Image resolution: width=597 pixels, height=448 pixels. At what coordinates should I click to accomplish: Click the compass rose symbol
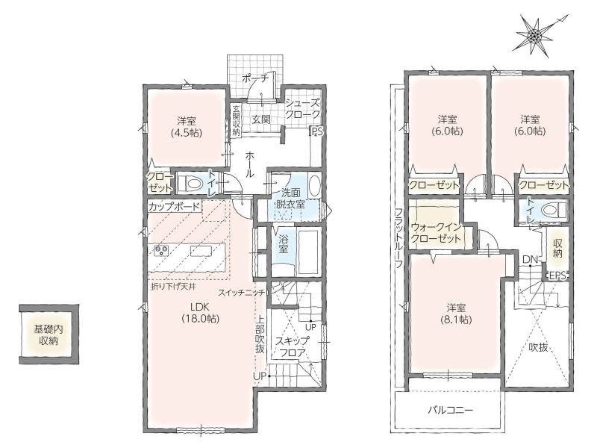coord(535,35)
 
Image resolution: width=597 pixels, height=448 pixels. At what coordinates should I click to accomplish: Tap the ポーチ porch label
coord(254,78)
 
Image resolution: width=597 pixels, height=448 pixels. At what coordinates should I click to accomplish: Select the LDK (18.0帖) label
coord(201,312)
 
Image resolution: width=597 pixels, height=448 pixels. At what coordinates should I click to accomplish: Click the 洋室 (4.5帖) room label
coord(187,127)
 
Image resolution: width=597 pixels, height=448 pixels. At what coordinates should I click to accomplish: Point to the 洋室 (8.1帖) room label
coord(456,313)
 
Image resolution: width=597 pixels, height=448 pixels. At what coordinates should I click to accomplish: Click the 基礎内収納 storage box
coord(49,335)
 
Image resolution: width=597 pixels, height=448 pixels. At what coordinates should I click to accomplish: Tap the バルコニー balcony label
coord(451,410)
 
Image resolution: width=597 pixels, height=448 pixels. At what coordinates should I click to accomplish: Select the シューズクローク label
coord(303,108)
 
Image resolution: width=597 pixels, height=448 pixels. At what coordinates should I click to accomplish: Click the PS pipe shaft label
coord(317,132)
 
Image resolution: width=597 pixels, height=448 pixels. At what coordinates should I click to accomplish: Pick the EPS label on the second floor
coord(557,276)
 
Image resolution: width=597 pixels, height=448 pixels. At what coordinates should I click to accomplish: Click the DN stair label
coord(530,259)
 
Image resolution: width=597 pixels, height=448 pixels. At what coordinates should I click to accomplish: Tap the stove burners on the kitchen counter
coord(160,250)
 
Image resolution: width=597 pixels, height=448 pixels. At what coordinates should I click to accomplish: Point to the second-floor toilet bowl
coord(554,210)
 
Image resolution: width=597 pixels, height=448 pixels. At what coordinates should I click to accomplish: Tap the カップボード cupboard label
coord(174,207)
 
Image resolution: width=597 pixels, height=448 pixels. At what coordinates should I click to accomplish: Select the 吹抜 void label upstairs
coord(538,347)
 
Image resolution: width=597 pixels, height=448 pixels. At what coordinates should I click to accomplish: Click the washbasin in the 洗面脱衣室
coord(314,185)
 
